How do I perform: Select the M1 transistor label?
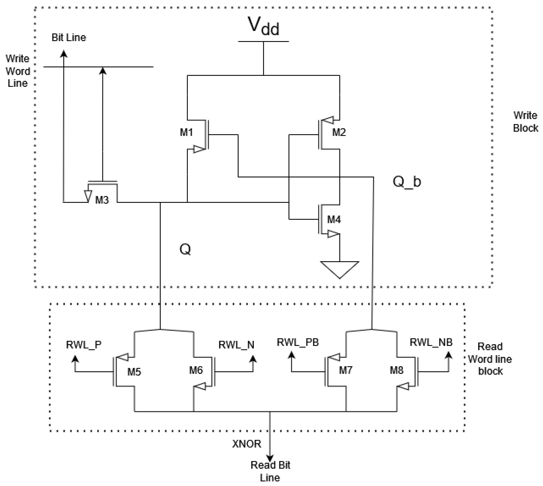point(186,132)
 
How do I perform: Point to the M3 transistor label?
point(102,200)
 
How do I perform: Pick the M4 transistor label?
point(334,219)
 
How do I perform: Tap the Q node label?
point(185,249)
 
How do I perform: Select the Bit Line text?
point(69,38)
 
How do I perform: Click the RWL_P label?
point(84,345)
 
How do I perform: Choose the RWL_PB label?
point(298,342)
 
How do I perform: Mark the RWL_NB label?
point(431,342)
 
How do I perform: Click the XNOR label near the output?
point(246,444)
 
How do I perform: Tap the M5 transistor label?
point(134,372)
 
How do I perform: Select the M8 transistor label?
point(396,370)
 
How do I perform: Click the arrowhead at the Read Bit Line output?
point(270,458)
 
